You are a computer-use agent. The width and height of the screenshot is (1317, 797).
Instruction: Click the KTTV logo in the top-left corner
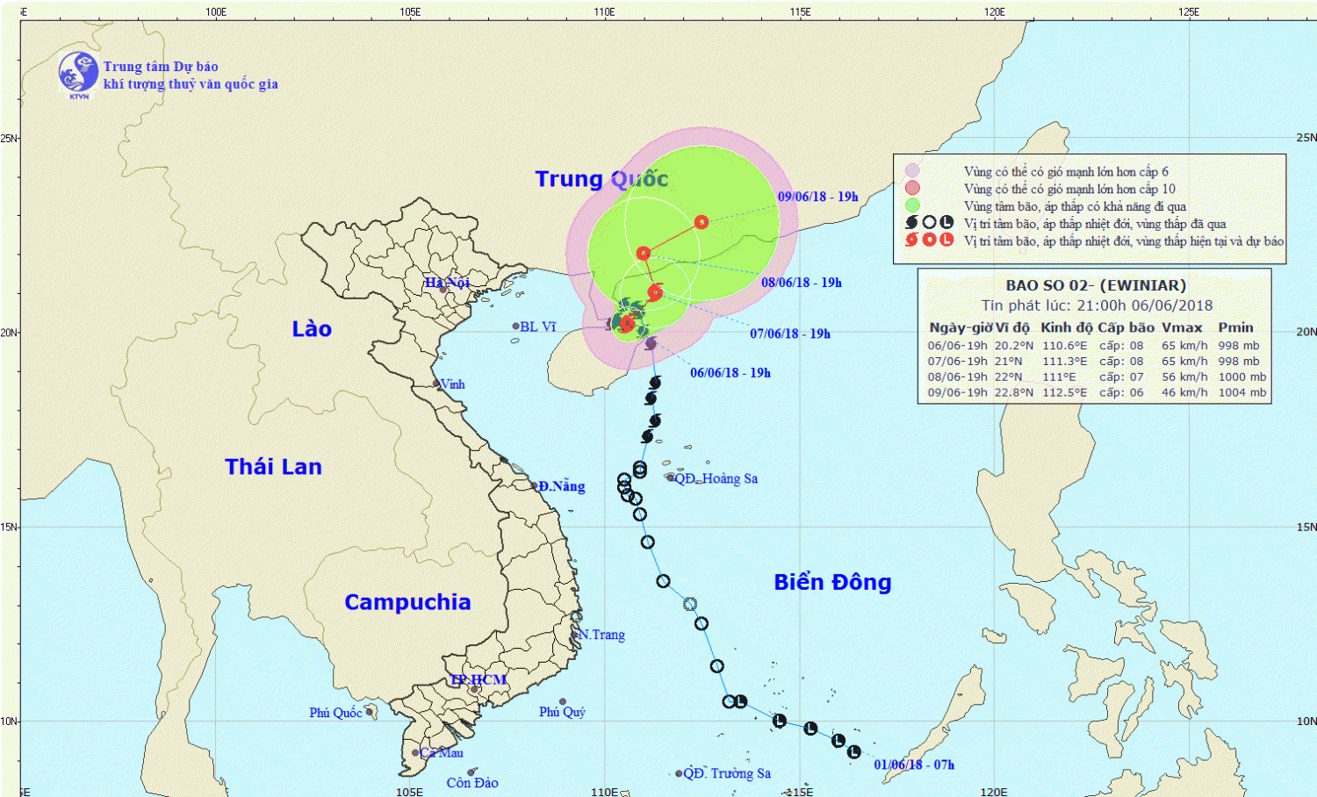[x=78, y=73]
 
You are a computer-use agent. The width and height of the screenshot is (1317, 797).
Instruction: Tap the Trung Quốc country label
[x=601, y=179]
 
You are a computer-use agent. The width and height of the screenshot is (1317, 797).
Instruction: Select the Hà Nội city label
[x=447, y=283]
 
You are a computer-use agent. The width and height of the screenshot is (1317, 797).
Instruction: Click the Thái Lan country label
[x=273, y=467]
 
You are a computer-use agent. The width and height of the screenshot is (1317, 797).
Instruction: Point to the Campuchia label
[x=407, y=602]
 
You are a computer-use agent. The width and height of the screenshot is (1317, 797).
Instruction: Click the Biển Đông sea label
[x=832, y=583]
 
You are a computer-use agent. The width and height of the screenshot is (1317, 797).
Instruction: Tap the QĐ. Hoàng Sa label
[x=716, y=478]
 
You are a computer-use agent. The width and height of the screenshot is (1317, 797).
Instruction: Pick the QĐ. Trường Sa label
[x=727, y=773]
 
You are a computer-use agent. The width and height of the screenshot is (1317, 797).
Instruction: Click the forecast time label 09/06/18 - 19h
[x=817, y=197]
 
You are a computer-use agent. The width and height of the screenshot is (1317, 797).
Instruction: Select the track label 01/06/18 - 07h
[x=913, y=765]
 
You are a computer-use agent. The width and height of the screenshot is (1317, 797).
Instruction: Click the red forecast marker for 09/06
[x=701, y=222]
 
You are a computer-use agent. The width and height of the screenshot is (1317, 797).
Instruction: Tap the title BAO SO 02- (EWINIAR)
[x=1095, y=285]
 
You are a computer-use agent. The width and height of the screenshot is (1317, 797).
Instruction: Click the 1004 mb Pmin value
[x=1242, y=392]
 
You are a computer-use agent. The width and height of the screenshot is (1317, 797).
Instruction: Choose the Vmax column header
[x=1182, y=327]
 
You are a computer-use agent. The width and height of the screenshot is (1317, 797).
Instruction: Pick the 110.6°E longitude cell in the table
[x=1064, y=346]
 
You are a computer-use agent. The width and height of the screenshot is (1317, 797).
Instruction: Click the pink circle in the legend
[x=912, y=171]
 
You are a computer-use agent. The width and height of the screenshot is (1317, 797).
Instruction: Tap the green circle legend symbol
[x=912, y=205]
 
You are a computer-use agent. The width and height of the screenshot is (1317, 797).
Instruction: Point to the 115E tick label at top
[x=800, y=11]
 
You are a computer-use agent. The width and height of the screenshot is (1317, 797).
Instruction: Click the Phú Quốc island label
[x=335, y=713]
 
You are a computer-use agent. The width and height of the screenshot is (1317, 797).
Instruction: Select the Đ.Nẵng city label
[x=561, y=486]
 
